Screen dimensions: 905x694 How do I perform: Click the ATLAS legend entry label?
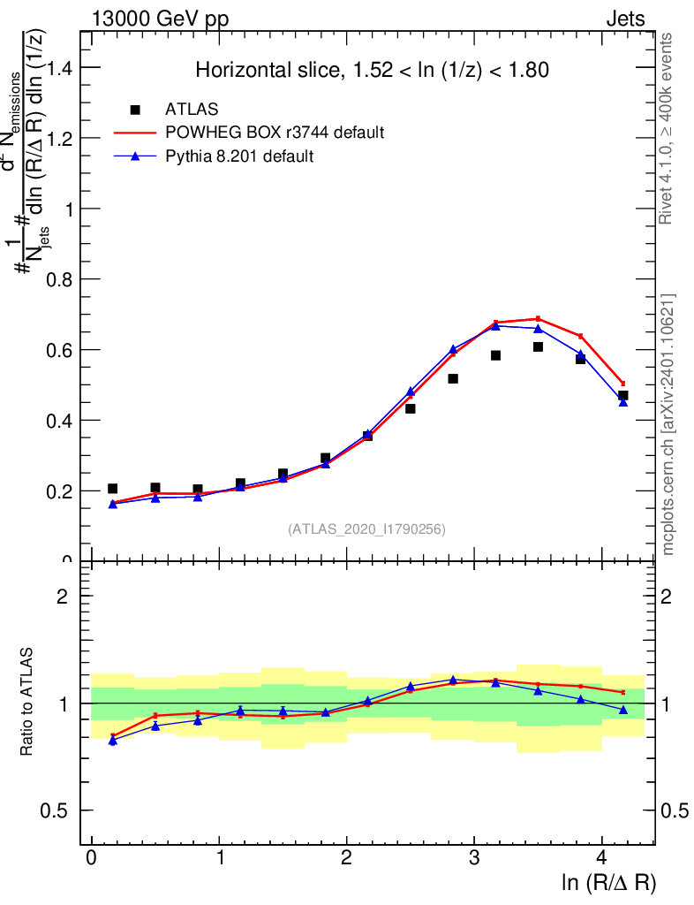tap(192, 110)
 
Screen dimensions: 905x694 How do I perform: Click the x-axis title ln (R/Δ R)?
tap(608, 882)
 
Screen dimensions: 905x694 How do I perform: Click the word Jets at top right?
tap(625, 19)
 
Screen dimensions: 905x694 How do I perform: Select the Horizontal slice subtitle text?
tap(373, 71)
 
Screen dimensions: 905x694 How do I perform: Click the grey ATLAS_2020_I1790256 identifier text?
tap(366, 529)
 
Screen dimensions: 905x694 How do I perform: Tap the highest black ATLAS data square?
tap(538, 346)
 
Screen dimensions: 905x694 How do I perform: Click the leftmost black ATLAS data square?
tap(113, 489)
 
